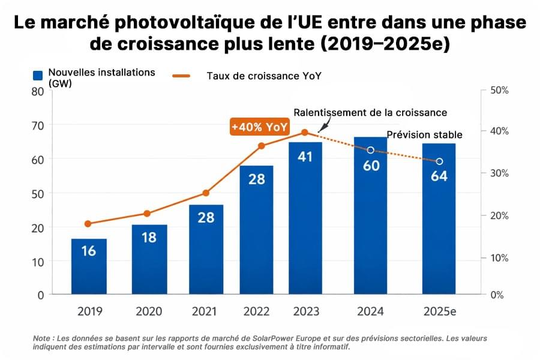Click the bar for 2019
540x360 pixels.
[x=89, y=267]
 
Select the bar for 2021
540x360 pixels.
[x=206, y=250]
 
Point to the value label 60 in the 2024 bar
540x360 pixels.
[x=371, y=166]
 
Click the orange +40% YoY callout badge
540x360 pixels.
[x=260, y=127]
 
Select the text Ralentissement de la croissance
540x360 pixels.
[x=370, y=113]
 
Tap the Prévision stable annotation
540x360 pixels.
[x=425, y=134]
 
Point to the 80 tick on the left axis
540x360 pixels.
[x=38, y=92]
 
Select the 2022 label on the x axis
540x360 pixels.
[x=256, y=311]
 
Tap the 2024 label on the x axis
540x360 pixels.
[x=371, y=311]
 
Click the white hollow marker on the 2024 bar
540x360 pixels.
[x=371, y=150]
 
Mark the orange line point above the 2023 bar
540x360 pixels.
[x=305, y=132]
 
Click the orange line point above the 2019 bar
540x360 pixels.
[x=88, y=224]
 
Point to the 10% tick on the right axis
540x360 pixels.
[x=499, y=258]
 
